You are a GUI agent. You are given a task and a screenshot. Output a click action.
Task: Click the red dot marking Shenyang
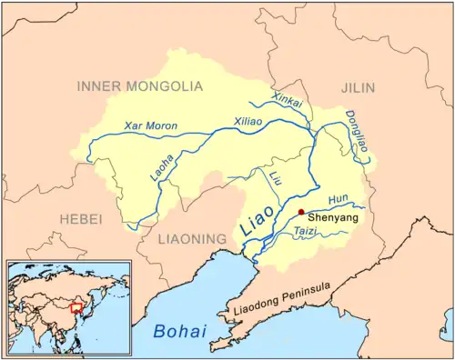tap(301, 211)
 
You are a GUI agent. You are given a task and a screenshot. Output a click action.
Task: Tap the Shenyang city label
tap(333, 219)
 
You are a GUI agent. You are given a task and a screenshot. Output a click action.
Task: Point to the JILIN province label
tap(363, 86)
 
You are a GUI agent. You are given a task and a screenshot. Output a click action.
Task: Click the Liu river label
tap(274, 178)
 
